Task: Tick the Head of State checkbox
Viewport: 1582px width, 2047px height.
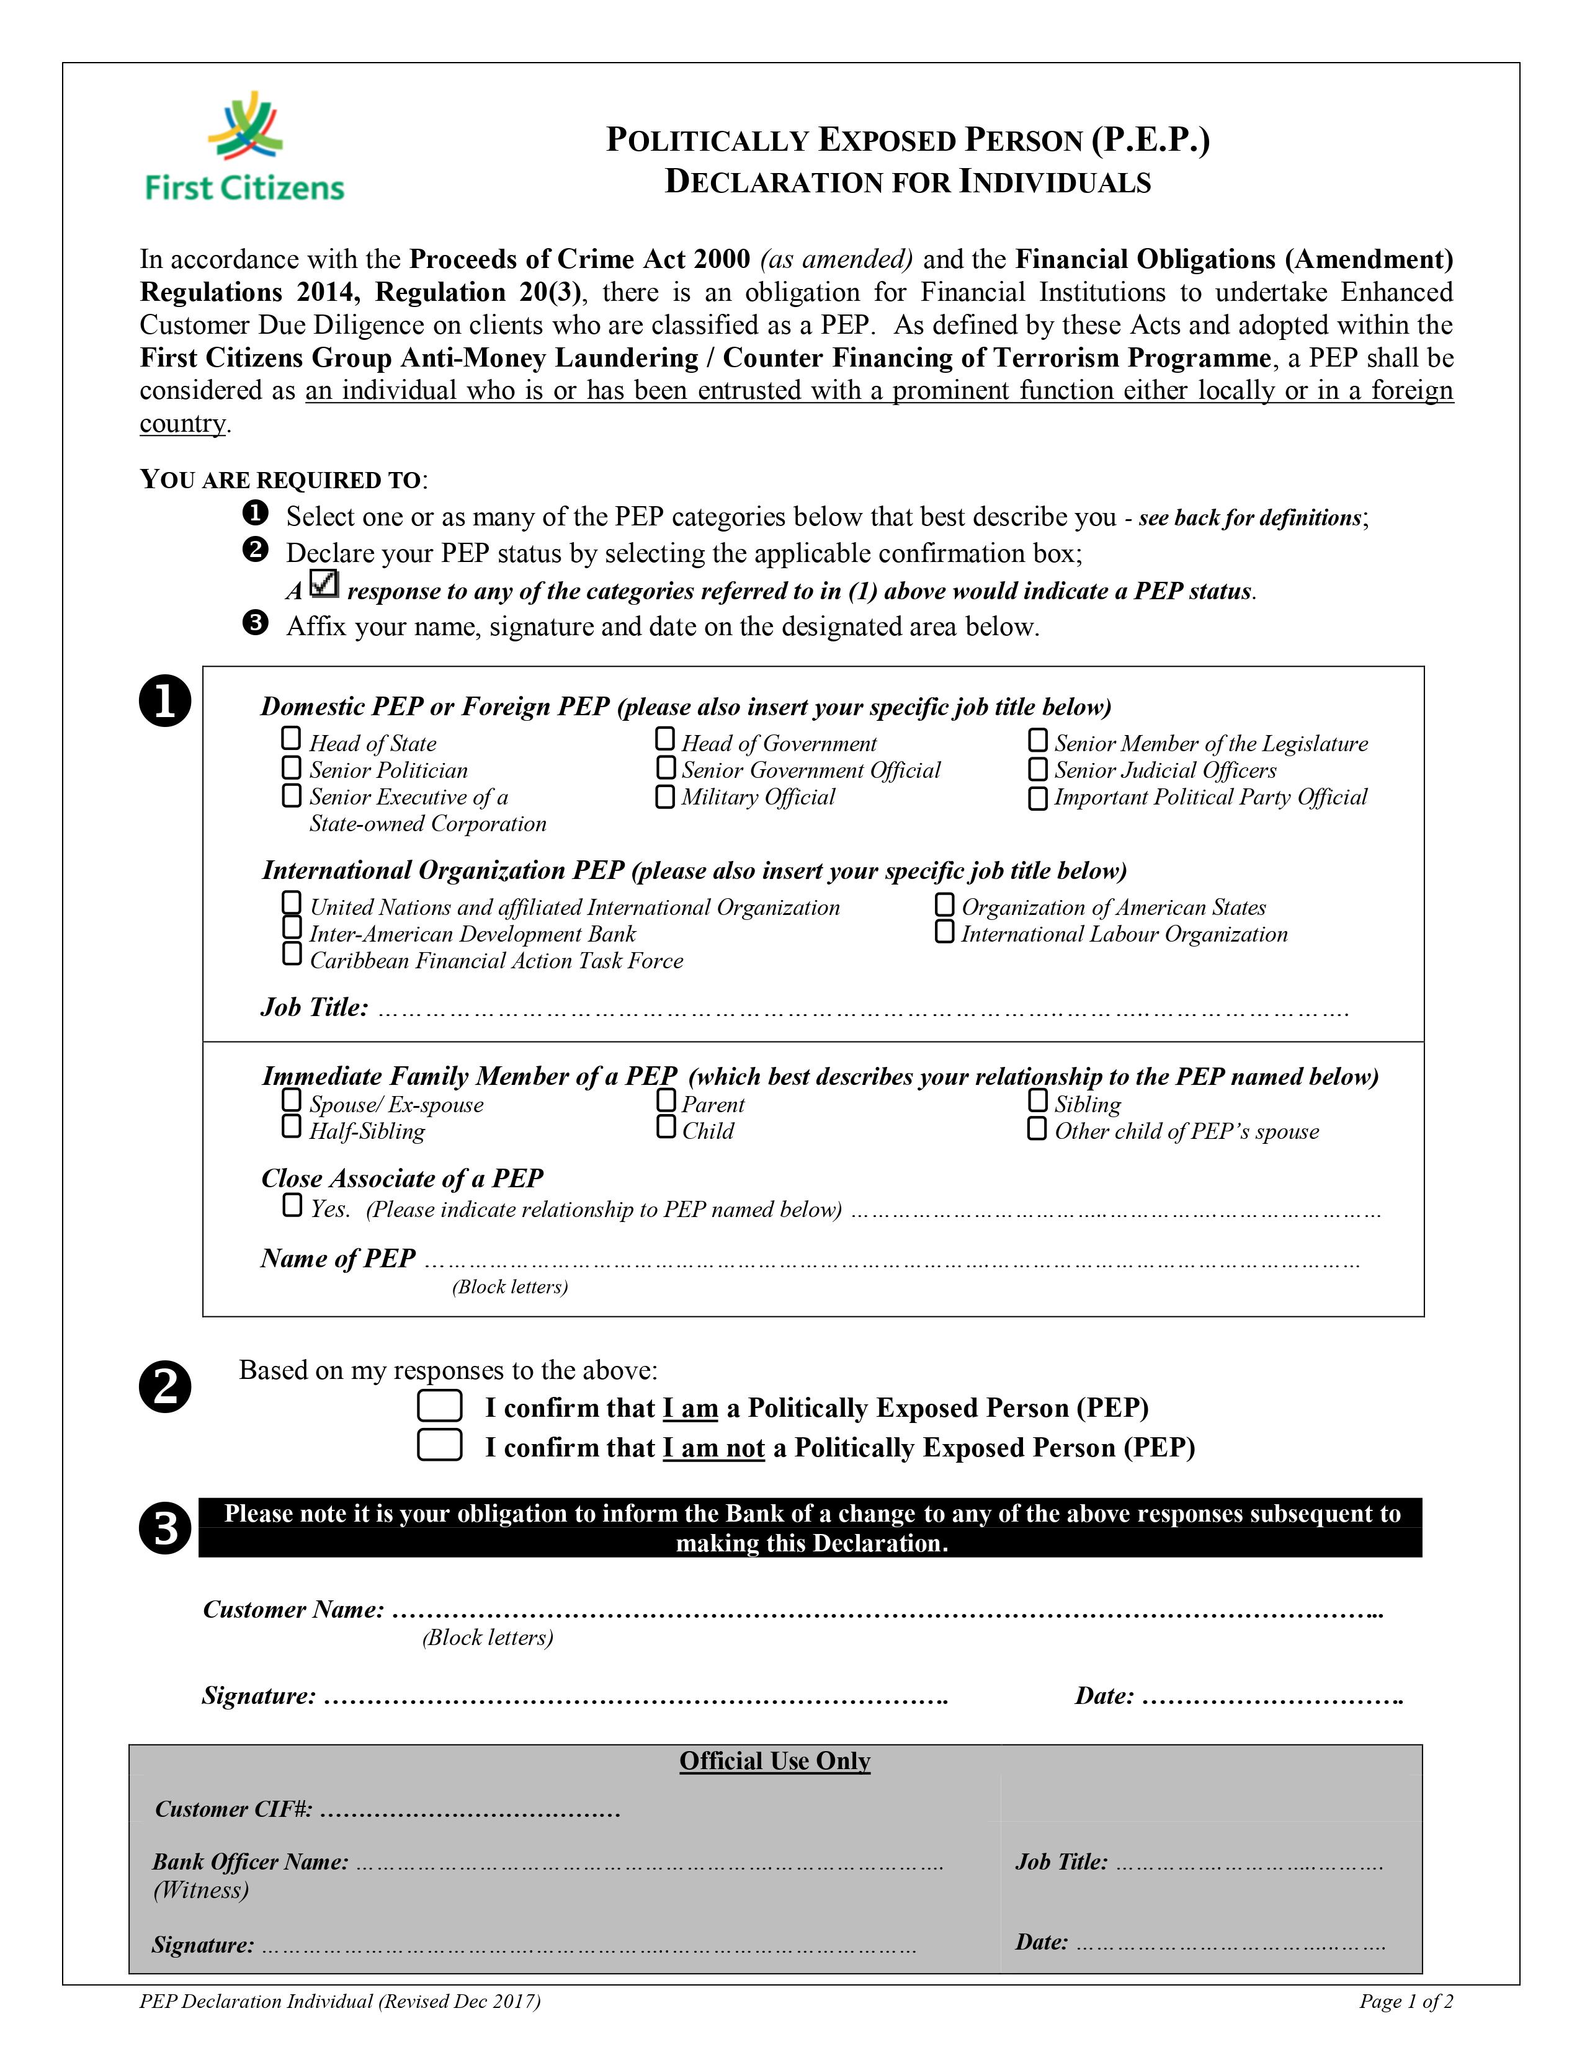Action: [x=292, y=739]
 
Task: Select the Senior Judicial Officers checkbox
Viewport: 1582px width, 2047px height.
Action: [x=1037, y=770]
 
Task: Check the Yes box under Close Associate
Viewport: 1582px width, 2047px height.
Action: [x=292, y=1205]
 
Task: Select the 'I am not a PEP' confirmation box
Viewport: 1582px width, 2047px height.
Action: [x=440, y=1445]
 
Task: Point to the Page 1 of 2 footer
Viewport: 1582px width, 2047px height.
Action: [x=1406, y=2002]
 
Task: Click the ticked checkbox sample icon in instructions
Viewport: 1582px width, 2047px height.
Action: [x=323, y=585]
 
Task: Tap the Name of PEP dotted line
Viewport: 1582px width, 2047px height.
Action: [x=890, y=1260]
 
